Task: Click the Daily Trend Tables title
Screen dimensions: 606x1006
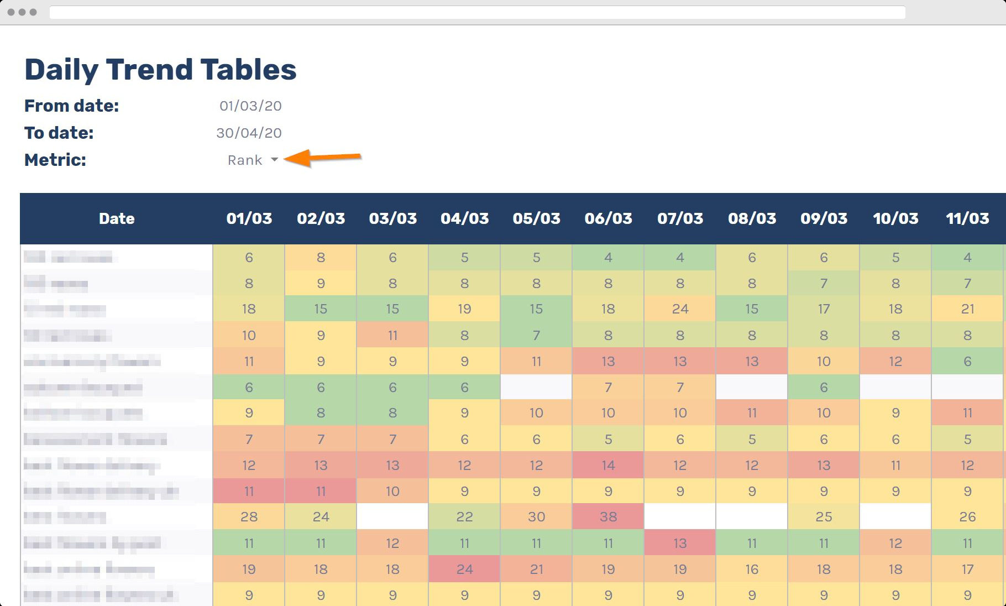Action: click(x=160, y=70)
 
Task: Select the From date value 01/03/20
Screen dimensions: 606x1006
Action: click(x=250, y=106)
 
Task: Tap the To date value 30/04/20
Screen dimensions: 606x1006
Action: click(x=249, y=133)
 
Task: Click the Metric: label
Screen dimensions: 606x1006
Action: click(x=55, y=160)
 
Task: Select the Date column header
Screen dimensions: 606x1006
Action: click(x=117, y=218)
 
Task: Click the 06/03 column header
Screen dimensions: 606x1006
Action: click(x=608, y=218)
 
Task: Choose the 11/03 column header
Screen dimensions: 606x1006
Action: click(x=967, y=218)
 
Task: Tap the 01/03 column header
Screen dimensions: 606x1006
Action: click(x=249, y=218)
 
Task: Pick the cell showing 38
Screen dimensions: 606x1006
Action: click(x=608, y=516)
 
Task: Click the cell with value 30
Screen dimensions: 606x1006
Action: click(x=536, y=516)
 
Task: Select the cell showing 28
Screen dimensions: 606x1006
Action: click(x=249, y=516)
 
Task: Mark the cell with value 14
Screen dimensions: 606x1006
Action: click(x=608, y=465)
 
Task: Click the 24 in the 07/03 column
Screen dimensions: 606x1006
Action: click(x=680, y=309)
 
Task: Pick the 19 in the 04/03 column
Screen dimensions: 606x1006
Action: click(x=464, y=309)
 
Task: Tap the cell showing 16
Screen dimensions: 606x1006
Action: click(x=752, y=569)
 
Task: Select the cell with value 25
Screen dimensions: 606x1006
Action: click(x=824, y=516)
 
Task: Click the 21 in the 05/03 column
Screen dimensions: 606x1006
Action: click(x=536, y=569)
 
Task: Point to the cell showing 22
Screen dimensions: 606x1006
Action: click(x=464, y=516)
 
